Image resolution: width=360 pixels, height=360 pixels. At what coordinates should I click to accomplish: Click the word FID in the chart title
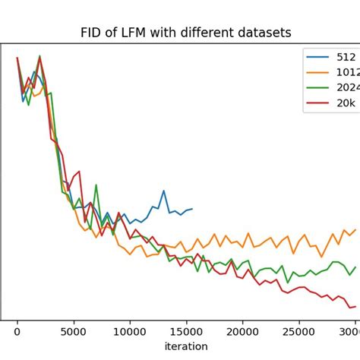click(x=91, y=33)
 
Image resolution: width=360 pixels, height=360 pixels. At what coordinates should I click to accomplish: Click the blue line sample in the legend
click(x=319, y=56)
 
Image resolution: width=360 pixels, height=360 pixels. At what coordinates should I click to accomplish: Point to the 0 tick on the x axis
click(x=17, y=331)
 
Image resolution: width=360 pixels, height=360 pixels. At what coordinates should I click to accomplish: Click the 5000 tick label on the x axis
click(x=74, y=331)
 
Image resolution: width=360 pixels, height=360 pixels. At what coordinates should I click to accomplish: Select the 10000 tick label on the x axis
click(x=130, y=331)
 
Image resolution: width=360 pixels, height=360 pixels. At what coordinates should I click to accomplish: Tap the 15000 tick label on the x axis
click(x=186, y=331)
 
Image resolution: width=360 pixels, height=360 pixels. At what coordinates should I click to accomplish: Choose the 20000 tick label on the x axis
click(x=242, y=331)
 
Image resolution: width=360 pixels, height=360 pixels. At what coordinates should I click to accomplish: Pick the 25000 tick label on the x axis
click(x=298, y=331)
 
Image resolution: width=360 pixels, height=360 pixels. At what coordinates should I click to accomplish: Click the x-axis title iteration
click(x=186, y=346)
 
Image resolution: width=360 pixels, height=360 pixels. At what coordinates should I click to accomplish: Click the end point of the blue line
click(x=192, y=209)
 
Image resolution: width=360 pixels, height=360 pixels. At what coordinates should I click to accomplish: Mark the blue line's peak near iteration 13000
click(x=163, y=191)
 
